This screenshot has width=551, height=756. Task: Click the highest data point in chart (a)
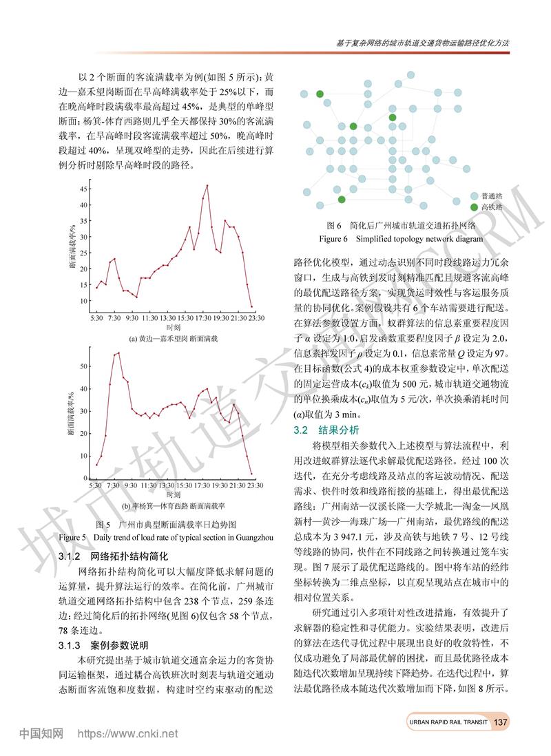(207, 185)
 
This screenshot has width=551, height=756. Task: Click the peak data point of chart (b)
(118, 353)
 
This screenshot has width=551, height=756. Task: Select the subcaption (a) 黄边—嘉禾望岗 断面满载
(173, 339)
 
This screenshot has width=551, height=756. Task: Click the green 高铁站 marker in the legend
(473, 207)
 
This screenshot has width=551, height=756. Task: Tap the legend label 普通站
(492, 196)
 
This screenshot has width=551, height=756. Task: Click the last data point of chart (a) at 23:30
(252, 306)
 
